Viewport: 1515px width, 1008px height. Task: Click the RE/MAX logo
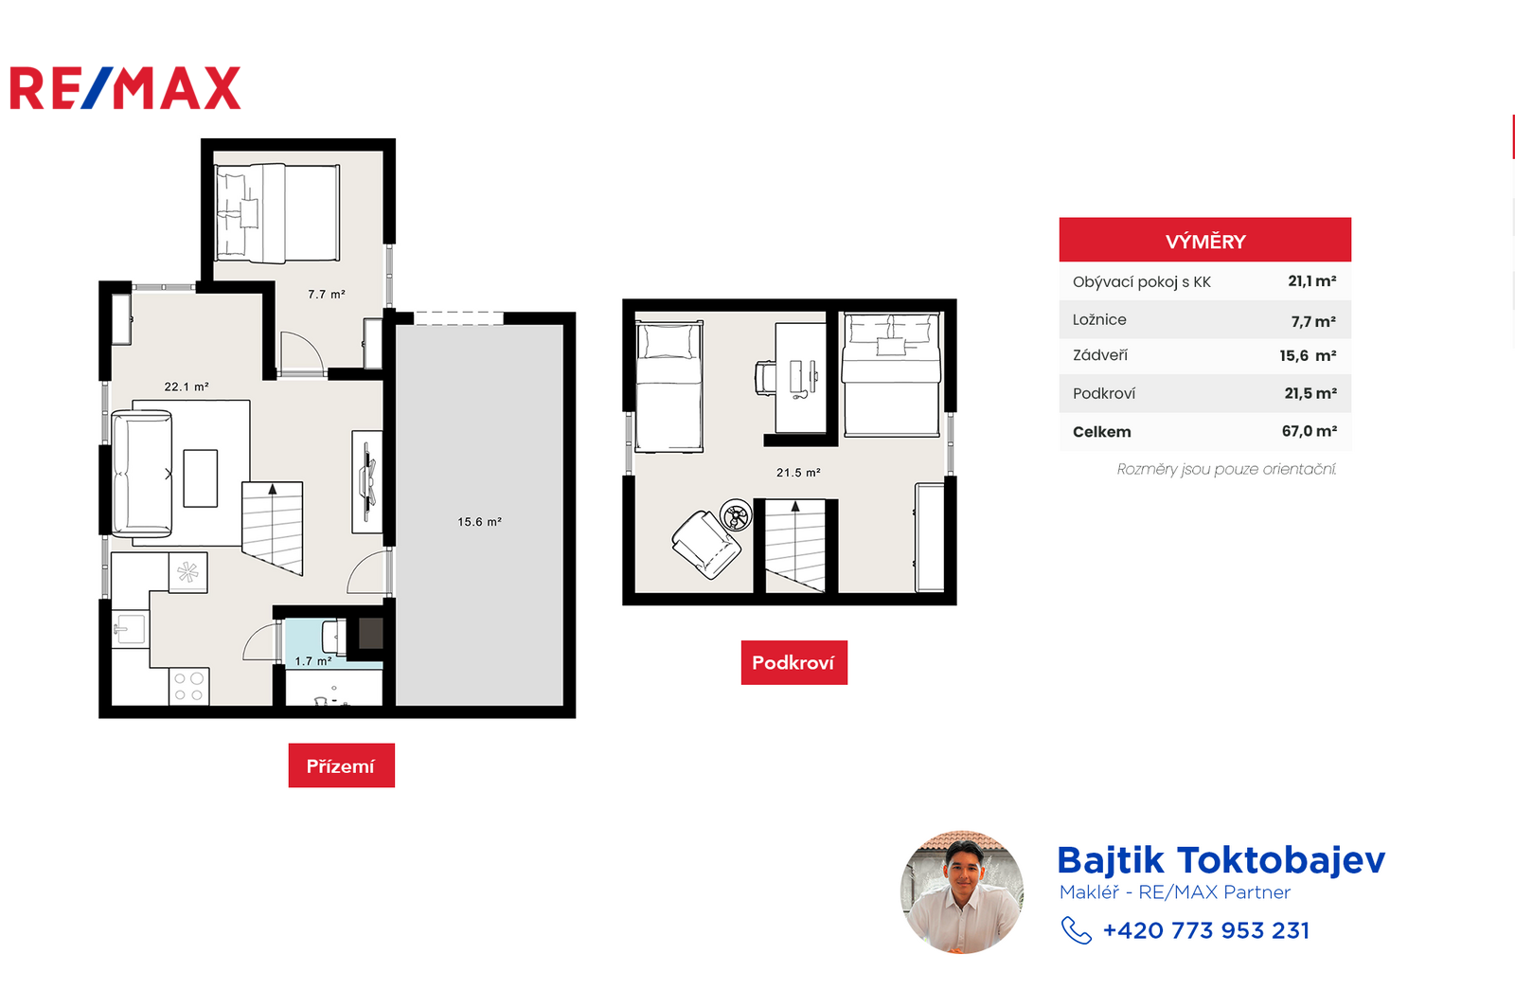click(125, 87)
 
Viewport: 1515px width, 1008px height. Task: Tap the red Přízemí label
click(342, 765)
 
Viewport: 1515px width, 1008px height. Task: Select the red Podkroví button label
click(794, 662)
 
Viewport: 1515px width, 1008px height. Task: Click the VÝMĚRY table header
click(1205, 240)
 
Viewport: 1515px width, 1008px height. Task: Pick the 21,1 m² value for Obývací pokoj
click(1312, 280)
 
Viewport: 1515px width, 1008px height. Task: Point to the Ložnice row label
click(1099, 319)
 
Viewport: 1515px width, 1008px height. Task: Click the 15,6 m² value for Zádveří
click(1308, 356)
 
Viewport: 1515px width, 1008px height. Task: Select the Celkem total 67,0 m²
click(1310, 431)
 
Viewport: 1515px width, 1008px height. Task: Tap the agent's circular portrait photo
click(962, 892)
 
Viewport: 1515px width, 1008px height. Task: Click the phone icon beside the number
click(1076, 931)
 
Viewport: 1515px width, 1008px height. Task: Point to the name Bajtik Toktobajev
click(1221, 860)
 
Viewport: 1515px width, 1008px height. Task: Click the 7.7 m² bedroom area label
click(327, 295)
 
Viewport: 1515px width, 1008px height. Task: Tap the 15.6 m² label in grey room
click(479, 522)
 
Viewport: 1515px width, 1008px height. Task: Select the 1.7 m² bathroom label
click(313, 661)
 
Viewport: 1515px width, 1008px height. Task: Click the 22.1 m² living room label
click(187, 387)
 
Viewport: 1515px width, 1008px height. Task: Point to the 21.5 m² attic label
click(799, 472)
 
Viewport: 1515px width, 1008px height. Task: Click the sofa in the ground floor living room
click(142, 474)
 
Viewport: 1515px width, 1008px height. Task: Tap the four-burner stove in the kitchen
click(188, 686)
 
